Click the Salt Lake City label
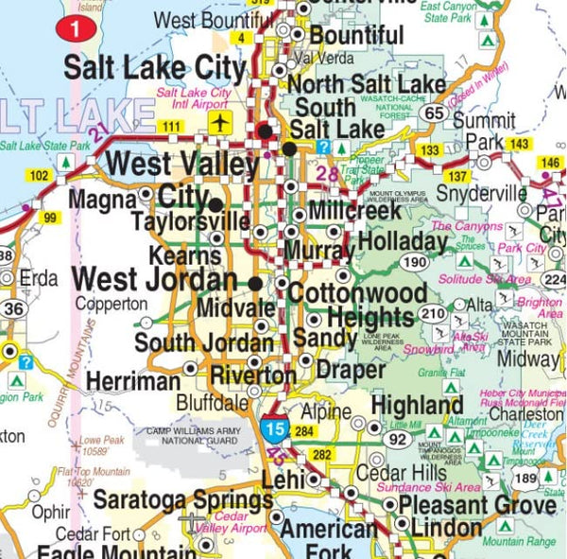click(x=154, y=67)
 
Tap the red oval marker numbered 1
click(x=77, y=30)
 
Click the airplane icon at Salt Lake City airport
click(x=221, y=124)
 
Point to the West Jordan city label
click(x=155, y=280)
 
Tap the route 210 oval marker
click(x=432, y=314)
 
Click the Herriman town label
click(x=132, y=381)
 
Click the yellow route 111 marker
click(x=171, y=127)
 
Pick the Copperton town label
click(x=111, y=305)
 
